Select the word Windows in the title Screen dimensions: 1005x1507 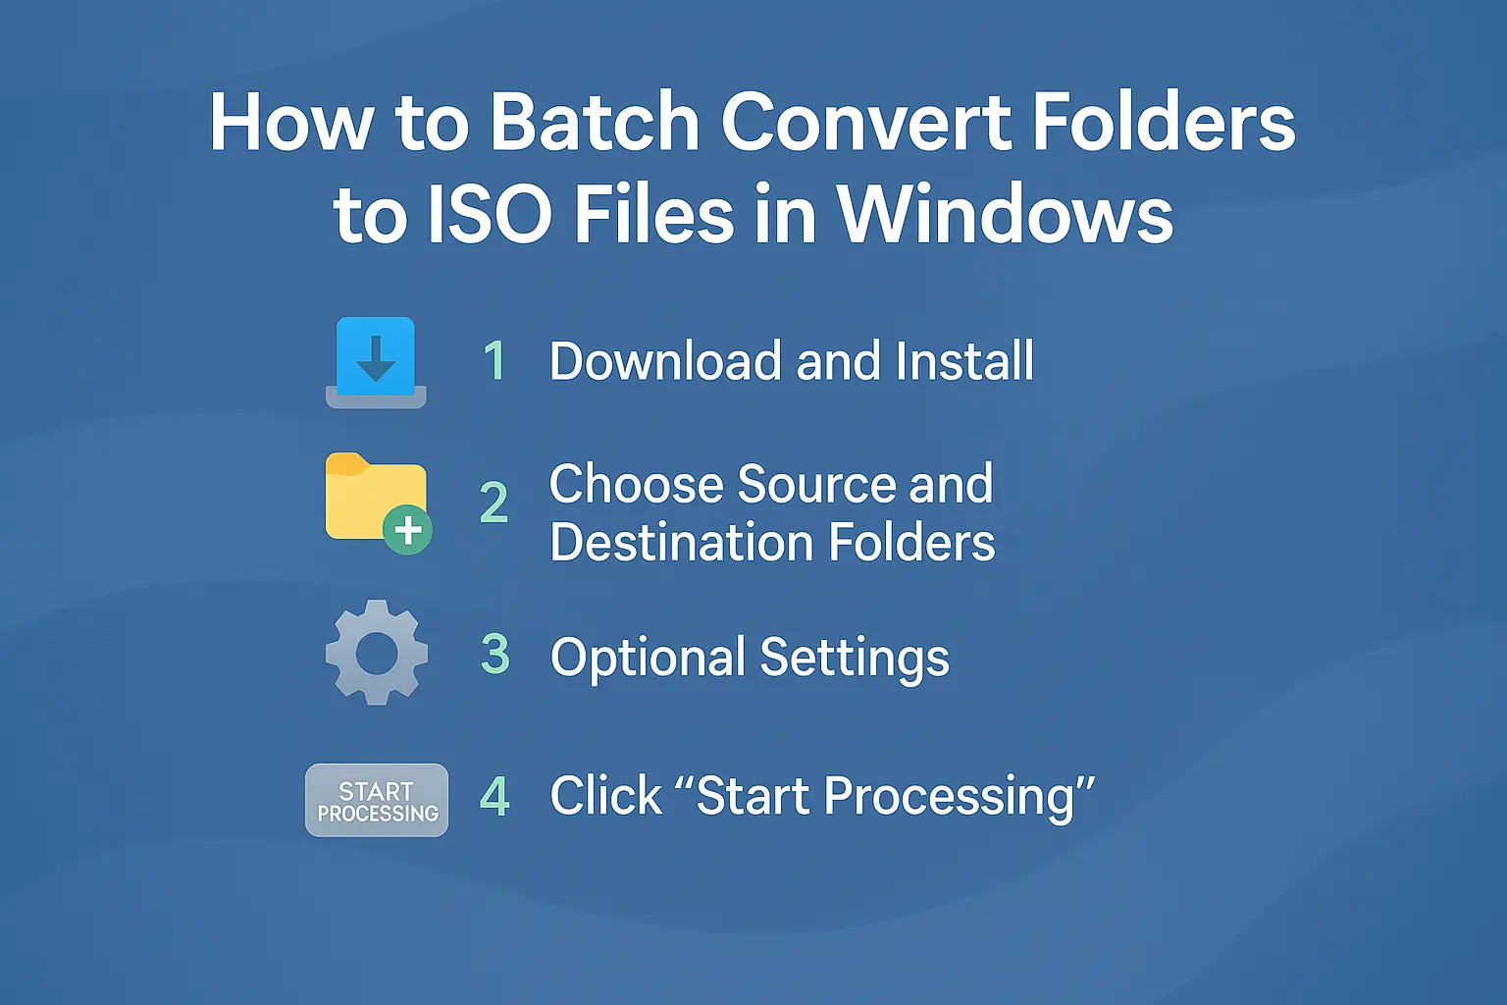click(x=1005, y=215)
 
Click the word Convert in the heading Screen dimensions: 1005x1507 click(x=863, y=123)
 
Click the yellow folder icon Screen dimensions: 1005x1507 click(x=371, y=497)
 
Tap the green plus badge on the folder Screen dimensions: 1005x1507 click(x=407, y=530)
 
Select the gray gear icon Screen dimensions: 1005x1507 click(x=377, y=653)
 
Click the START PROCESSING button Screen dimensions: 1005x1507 click(x=377, y=801)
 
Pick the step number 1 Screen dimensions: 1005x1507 click(x=495, y=361)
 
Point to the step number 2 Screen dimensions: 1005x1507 click(x=494, y=503)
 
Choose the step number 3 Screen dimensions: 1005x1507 click(x=495, y=655)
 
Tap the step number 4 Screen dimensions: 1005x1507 click(x=494, y=797)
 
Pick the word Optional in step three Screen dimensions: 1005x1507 click(x=648, y=658)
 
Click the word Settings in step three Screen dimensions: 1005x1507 click(x=854, y=658)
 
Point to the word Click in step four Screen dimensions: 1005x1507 click(x=605, y=796)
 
